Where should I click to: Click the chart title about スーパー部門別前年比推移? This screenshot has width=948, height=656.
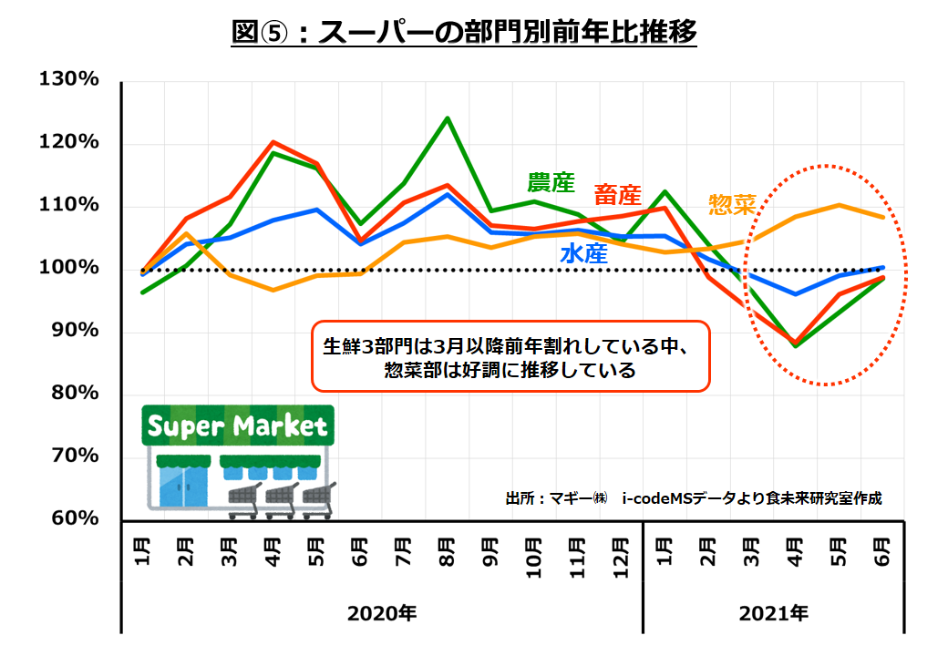click(465, 33)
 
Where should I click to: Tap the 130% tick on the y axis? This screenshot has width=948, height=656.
click(68, 80)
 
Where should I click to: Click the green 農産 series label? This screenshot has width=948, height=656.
click(551, 182)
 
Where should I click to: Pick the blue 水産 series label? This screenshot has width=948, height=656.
click(583, 254)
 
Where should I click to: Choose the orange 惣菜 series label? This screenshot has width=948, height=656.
click(732, 204)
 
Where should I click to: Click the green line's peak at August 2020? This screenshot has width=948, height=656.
click(448, 118)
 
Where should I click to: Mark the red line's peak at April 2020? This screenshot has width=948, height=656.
click(273, 142)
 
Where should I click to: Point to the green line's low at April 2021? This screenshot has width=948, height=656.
click(796, 345)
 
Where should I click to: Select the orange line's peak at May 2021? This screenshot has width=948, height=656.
click(839, 205)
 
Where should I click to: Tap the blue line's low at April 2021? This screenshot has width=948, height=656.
click(796, 294)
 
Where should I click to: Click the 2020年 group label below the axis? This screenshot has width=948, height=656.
click(382, 613)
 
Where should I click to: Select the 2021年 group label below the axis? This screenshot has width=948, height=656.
click(774, 613)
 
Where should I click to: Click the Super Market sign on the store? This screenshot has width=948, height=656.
click(237, 425)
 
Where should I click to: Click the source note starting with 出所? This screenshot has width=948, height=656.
click(693, 498)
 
